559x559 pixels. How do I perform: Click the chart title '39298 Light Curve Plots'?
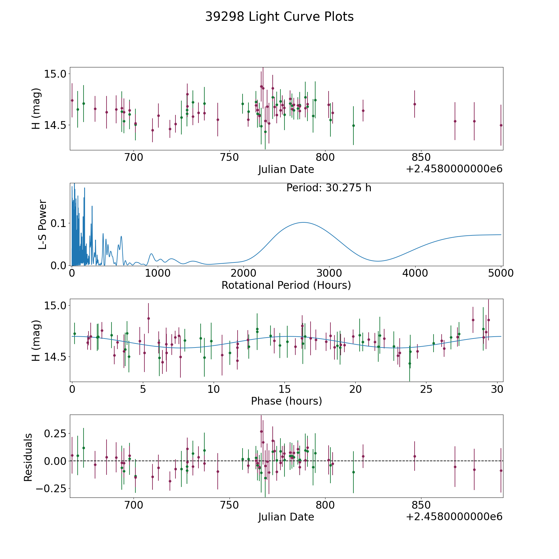(279, 17)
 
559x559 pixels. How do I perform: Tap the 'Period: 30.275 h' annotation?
(329, 188)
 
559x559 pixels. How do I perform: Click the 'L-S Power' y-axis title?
(43, 224)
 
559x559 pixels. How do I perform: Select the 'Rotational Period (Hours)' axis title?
(286, 285)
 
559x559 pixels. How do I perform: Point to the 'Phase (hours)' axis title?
(286, 401)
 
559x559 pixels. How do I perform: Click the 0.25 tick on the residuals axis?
(54, 433)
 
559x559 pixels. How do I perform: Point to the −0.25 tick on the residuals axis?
(51, 489)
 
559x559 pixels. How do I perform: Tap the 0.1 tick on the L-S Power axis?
(58, 223)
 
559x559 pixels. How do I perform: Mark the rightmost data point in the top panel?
(501, 125)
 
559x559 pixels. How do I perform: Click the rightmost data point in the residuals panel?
(501, 470)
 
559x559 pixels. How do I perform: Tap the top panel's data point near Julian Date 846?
(415, 104)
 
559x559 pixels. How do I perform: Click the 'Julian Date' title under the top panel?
(286, 170)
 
